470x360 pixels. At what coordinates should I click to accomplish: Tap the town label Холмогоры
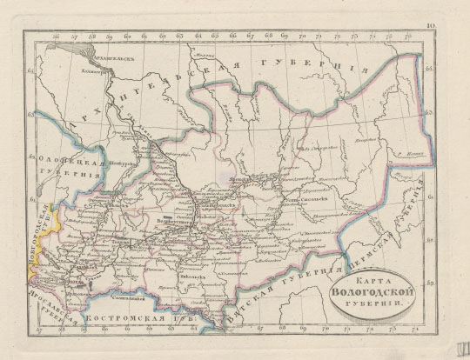click(95, 73)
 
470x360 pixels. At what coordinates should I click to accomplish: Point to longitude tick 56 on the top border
click(56, 37)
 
